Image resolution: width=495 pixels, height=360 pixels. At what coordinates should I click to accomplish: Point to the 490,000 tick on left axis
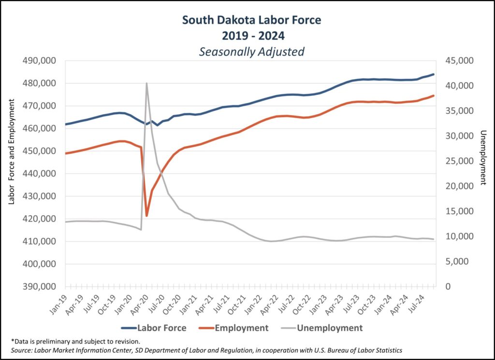(x=40, y=61)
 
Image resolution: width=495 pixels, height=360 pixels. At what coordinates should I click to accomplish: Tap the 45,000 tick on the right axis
(x=460, y=61)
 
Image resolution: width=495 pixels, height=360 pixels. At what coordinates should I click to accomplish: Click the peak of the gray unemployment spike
(x=146, y=83)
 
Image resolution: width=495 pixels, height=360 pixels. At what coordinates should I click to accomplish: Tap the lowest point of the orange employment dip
(x=146, y=216)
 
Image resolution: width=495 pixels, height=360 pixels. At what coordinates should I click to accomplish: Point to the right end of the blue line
(x=434, y=74)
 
